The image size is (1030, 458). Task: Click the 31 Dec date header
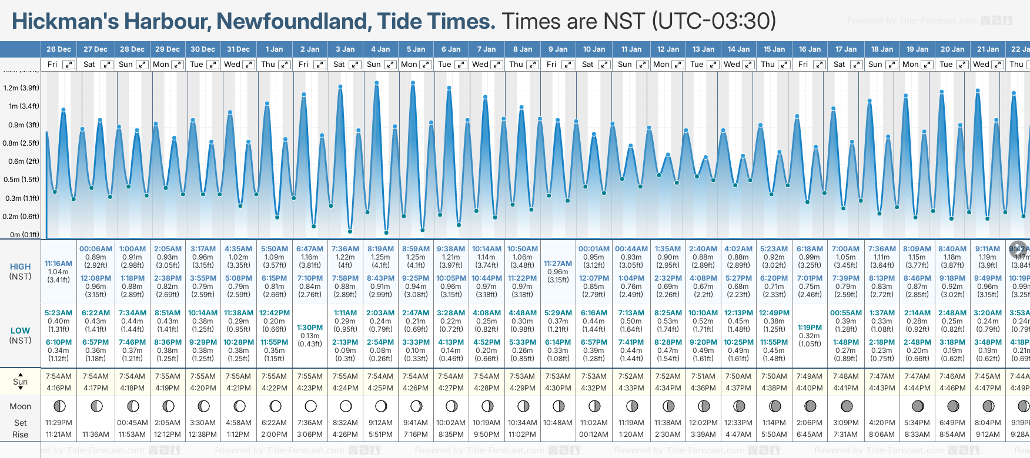click(238, 49)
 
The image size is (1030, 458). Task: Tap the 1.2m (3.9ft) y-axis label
click(21, 88)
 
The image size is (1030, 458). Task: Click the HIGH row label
click(21, 267)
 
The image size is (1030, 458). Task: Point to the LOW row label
click(21, 331)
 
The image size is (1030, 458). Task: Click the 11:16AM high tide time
click(59, 264)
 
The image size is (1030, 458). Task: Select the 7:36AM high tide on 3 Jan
click(345, 249)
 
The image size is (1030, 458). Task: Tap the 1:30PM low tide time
click(310, 328)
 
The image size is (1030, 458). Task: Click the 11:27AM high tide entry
click(558, 264)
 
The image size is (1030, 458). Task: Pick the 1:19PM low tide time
click(810, 328)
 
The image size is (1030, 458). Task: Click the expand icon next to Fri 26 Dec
click(69, 65)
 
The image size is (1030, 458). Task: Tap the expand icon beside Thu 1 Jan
click(284, 65)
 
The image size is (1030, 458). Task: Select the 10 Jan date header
click(594, 49)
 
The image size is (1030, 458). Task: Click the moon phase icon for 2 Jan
click(310, 406)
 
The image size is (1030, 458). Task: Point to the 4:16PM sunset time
click(59, 388)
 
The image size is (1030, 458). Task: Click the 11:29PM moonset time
click(59, 423)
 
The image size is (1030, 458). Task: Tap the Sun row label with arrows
click(21, 382)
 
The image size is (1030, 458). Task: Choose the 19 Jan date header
click(917, 49)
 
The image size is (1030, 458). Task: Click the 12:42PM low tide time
click(275, 313)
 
